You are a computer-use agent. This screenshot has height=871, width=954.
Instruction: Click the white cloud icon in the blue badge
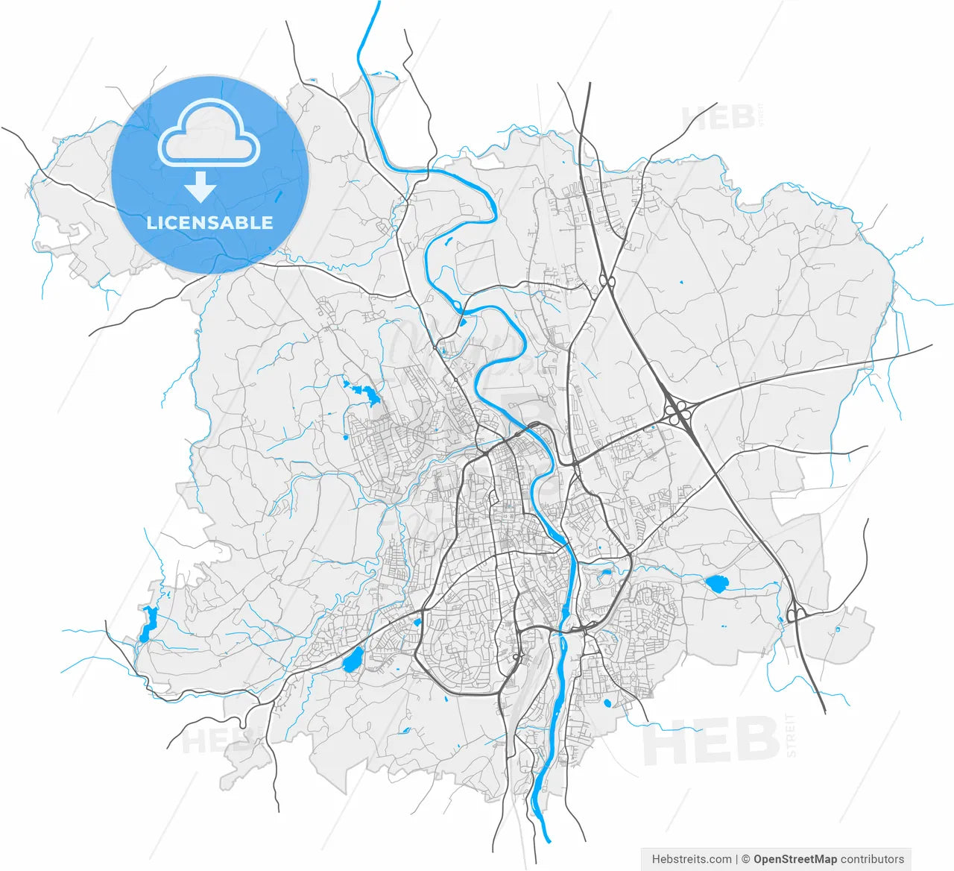209,134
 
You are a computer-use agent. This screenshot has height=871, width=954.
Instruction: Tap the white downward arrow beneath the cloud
200,187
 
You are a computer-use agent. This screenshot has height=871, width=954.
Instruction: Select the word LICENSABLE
209,222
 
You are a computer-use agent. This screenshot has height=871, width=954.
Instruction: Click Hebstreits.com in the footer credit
692,859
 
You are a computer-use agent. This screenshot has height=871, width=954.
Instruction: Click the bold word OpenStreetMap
795,859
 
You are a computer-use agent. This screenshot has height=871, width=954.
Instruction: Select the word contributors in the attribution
872,859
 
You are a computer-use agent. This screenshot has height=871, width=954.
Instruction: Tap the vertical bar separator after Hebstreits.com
736,859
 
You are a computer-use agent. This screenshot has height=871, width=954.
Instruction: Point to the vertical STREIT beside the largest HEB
791,735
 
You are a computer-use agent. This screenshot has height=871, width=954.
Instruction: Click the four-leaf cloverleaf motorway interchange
679,411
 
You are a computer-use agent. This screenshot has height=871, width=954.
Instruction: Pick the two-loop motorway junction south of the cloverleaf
795,614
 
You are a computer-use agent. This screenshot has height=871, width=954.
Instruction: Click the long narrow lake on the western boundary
148,623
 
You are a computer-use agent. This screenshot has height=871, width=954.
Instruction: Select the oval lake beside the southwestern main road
352,659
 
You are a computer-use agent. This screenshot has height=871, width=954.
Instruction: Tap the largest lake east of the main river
716,584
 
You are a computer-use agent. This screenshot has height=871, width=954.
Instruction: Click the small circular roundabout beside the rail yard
516,657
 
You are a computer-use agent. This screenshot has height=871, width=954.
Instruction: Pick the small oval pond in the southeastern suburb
607,702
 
